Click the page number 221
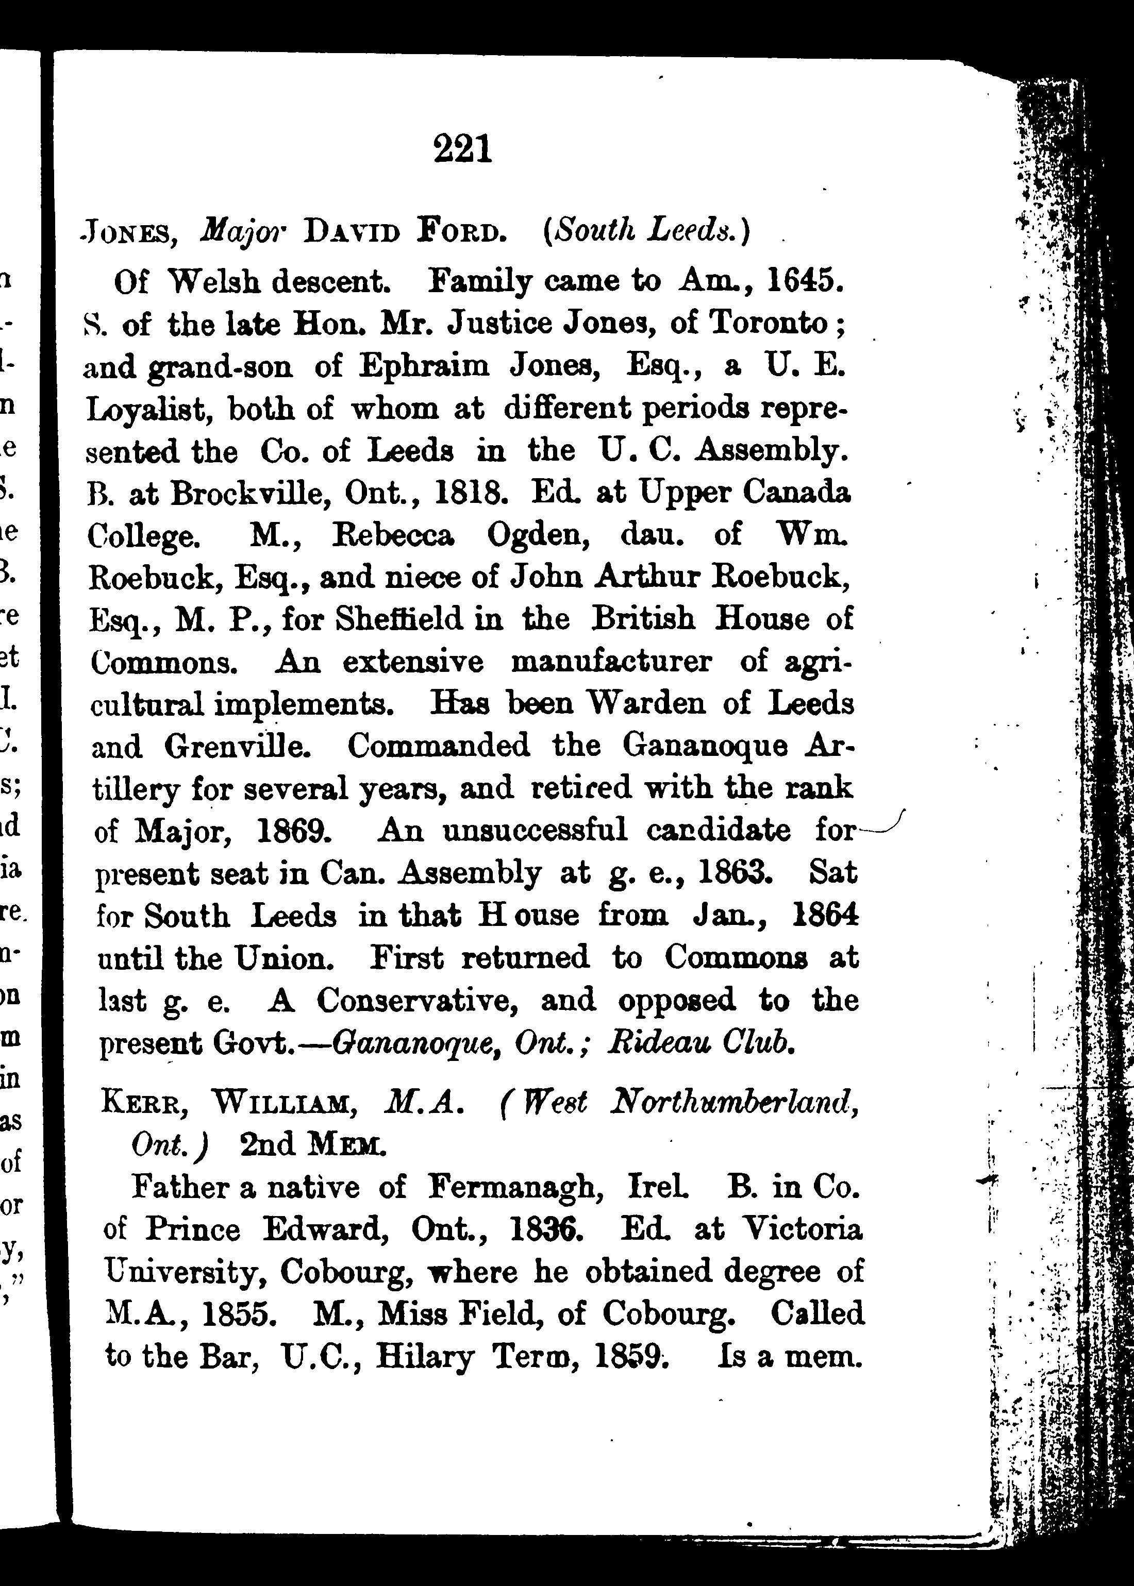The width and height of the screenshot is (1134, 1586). click(x=463, y=149)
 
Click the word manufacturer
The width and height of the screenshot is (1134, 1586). click(x=611, y=661)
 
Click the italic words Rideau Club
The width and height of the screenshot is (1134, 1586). click(x=701, y=1042)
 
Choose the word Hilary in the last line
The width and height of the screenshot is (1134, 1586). click(x=425, y=1356)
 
